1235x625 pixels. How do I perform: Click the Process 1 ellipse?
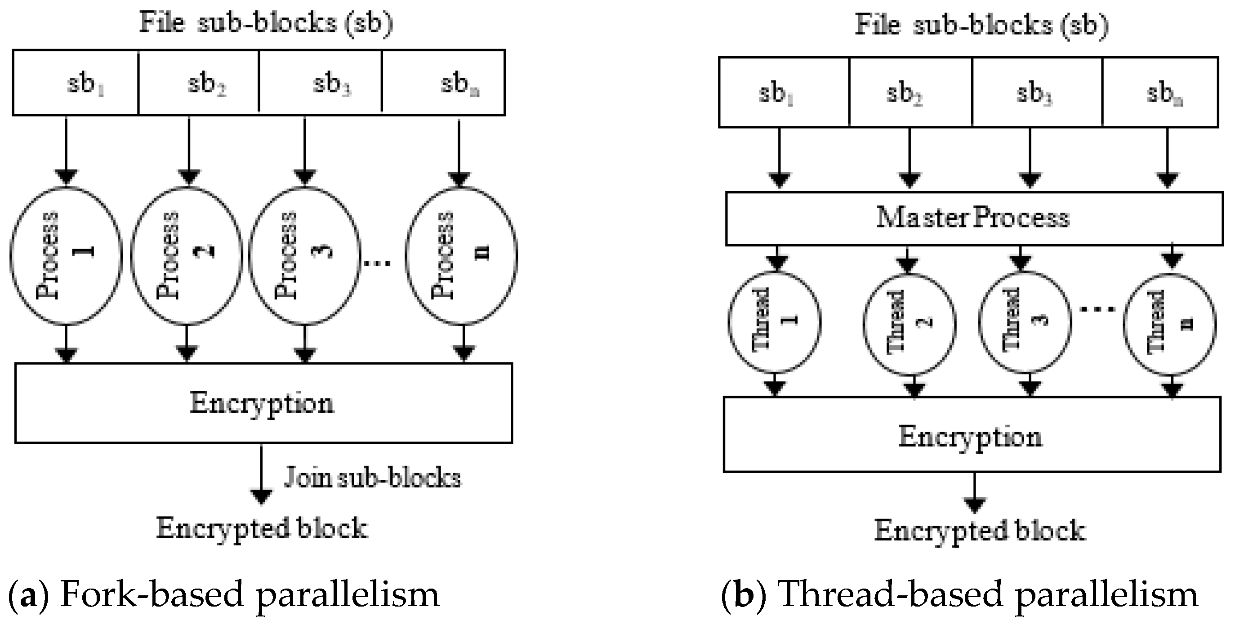point(66,255)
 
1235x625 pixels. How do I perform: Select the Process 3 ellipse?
point(304,255)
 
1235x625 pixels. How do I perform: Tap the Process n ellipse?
point(461,255)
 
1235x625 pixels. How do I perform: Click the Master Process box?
point(973,218)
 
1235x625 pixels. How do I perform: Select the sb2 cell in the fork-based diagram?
point(198,82)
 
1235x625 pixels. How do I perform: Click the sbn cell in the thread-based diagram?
point(1160,92)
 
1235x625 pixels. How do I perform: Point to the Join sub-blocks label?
point(372,478)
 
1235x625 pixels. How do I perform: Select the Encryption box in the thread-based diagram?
point(971,434)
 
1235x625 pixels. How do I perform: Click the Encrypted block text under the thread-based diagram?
point(980,531)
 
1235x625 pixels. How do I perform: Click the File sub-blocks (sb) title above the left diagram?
point(266,22)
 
